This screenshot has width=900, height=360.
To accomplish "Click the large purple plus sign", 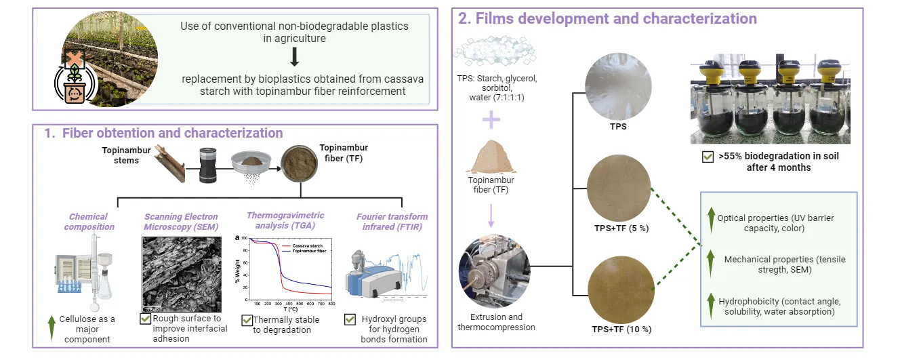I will click(491, 120).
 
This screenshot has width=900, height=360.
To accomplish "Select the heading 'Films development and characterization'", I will click(607, 18).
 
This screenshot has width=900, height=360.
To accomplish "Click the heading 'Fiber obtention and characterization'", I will click(163, 133).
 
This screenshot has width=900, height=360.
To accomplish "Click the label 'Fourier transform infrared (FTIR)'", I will click(392, 222).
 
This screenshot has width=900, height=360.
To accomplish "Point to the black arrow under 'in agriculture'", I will click(293, 56).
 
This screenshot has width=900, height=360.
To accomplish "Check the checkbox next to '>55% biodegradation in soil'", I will click(708, 157).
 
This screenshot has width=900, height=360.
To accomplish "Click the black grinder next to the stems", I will click(208, 165).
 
